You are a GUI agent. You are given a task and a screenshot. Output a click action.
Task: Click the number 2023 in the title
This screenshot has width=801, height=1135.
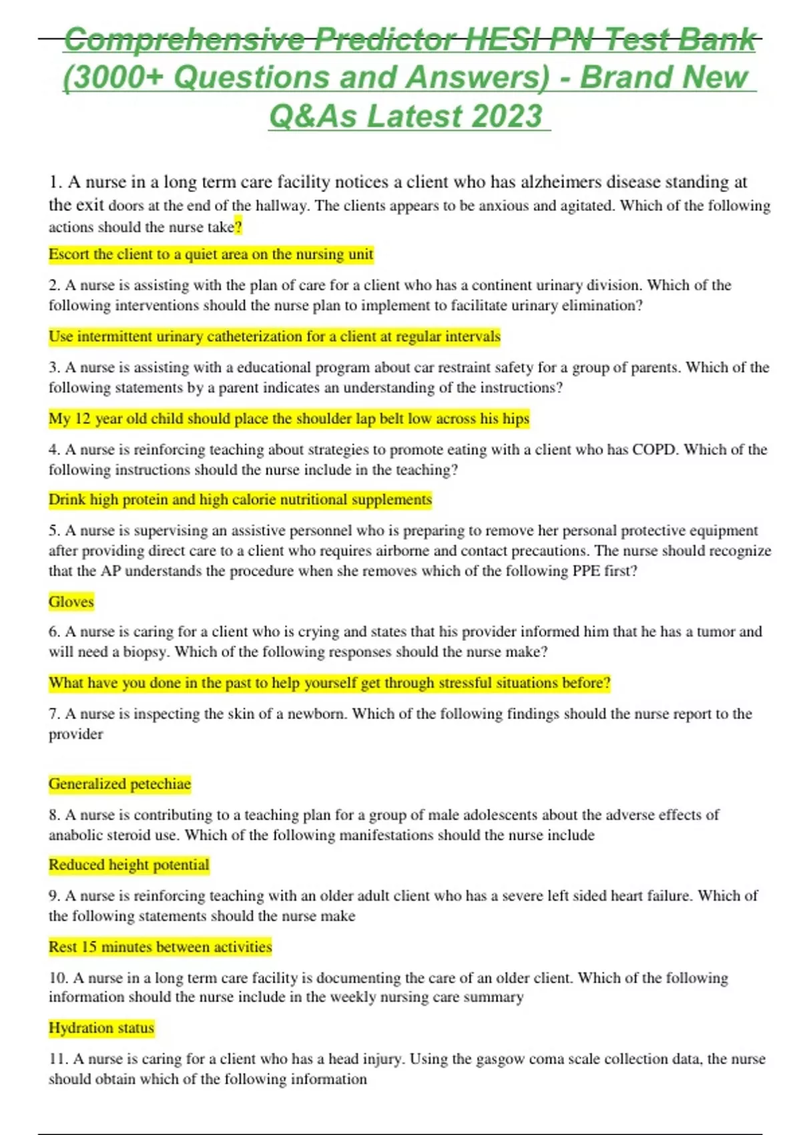click(x=507, y=116)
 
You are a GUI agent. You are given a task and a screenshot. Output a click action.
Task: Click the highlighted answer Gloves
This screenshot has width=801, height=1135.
click(x=71, y=602)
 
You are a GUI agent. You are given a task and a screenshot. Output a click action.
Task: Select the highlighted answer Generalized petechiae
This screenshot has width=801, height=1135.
click(x=119, y=784)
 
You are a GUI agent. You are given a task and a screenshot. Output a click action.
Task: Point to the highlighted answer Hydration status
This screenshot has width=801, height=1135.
click(x=101, y=1028)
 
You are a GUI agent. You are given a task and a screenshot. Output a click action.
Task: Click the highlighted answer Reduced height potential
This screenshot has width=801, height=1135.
click(x=129, y=865)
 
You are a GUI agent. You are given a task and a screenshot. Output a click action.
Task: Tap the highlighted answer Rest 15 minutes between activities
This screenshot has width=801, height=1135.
click(x=160, y=947)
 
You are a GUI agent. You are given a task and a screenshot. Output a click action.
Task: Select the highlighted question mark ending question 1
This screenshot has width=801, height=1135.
click(x=238, y=227)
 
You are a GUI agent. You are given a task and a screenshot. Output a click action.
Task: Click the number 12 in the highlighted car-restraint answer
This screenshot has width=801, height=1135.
click(x=82, y=419)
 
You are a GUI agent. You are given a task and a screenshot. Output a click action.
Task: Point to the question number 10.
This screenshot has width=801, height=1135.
click(x=58, y=978)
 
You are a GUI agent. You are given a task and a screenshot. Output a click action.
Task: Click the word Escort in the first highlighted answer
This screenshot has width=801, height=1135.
click(x=69, y=254)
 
